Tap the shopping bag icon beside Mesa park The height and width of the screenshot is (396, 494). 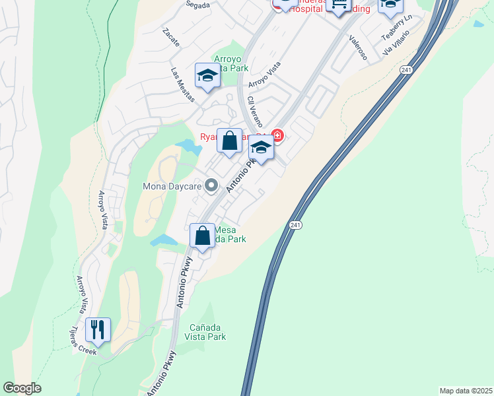[202, 236]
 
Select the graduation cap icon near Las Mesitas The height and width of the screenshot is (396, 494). [207, 76]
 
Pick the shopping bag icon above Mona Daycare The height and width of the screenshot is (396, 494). [229, 141]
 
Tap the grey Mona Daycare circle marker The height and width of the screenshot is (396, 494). [211, 185]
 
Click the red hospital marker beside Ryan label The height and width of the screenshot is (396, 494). [278, 137]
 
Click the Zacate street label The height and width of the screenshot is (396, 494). [170, 39]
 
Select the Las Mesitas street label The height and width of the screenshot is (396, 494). [183, 85]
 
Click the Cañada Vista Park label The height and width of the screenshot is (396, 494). [207, 332]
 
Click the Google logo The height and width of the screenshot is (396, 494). [22, 388]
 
